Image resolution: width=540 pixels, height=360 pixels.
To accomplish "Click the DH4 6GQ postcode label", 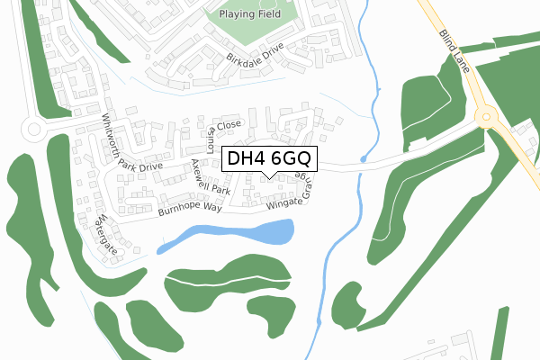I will coord(270,159).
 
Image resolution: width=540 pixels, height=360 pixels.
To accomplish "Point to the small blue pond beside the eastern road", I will coord(361,159).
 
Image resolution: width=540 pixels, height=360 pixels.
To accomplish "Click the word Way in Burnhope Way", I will coord(211,206).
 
